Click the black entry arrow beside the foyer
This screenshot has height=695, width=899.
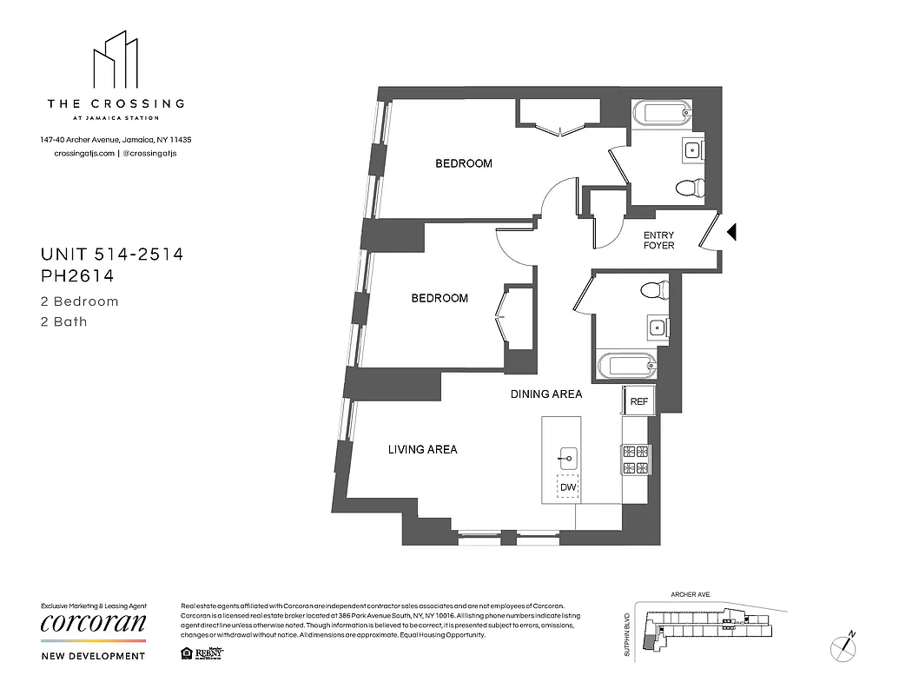(731, 232)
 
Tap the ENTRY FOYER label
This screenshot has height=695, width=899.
(659, 241)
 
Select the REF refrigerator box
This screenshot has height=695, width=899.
(638, 401)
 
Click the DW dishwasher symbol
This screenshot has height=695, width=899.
(568, 488)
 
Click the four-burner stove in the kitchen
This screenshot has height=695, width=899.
(634, 459)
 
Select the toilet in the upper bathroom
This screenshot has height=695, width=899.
(691, 186)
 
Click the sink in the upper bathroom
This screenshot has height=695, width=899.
(692, 151)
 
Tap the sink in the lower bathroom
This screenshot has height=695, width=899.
(658, 328)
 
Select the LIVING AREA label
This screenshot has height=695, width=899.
(422, 449)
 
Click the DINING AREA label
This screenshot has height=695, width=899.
(545, 394)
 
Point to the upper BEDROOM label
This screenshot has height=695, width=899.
(463, 163)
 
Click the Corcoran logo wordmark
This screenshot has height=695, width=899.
(94, 624)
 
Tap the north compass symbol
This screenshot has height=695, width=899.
(843, 645)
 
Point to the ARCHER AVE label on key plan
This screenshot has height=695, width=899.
(691, 595)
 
